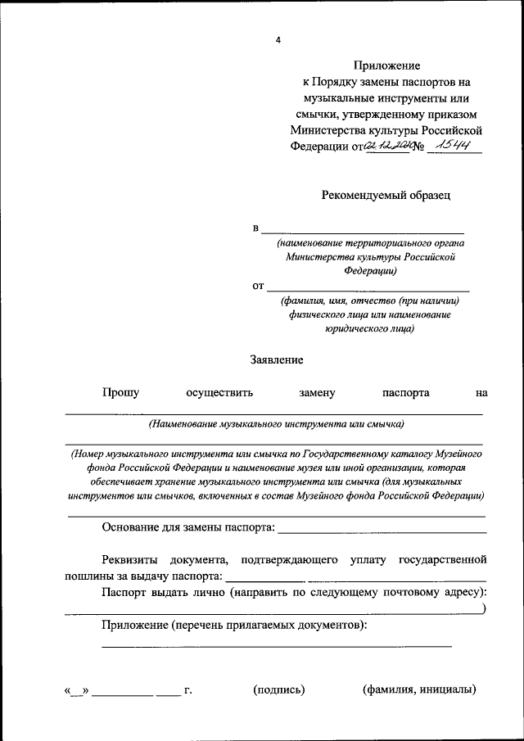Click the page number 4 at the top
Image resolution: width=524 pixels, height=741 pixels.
click(x=278, y=39)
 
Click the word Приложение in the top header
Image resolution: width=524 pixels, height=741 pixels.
click(x=387, y=65)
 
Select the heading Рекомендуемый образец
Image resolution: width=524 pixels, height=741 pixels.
click(x=386, y=195)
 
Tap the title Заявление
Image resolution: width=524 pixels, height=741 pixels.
click(x=277, y=359)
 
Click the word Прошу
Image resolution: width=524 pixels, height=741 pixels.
click(x=120, y=393)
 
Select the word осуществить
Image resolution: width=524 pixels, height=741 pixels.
click(x=219, y=393)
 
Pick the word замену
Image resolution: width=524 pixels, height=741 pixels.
click(x=318, y=393)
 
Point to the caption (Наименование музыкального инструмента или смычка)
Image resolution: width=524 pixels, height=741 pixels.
click(x=276, y=424)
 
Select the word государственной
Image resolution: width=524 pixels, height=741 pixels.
click(x=442, y=560)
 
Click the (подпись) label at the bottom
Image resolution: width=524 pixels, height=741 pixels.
click(x=279, y=690)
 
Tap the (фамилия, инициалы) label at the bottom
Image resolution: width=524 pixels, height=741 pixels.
click(x=419, y=690)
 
